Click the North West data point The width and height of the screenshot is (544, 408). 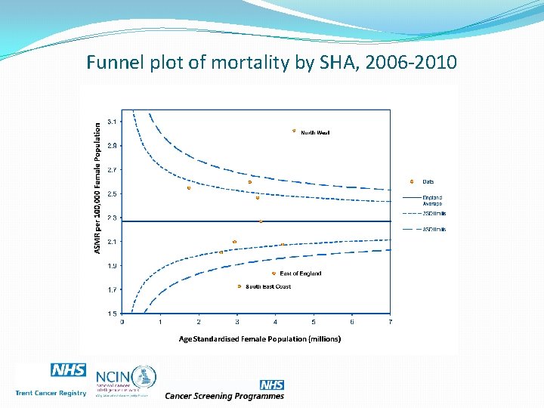tap(294, 131)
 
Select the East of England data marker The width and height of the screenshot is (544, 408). tap(274, 274)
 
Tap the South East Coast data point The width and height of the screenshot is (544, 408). tap(240, 286)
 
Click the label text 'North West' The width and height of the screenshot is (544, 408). tap(315, 133)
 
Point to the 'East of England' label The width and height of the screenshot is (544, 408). tap(301, 274)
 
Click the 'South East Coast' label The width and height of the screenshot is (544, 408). tap(268, 287)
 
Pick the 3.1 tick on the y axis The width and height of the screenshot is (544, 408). tap(112, 121)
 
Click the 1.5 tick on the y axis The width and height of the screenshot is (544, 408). tap(112, 313)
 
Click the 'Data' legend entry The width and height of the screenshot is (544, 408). tap(428, 181)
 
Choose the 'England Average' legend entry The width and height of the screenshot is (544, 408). tap(432, 200)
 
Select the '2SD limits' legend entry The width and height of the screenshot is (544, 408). tap(434, 213)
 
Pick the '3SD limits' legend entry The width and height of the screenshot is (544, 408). tap(434, 229)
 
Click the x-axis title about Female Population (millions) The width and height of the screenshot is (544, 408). tap(260, 338)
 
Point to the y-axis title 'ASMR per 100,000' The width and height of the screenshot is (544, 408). tap(97, 189)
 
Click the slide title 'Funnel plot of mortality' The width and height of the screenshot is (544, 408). tap(271, 62)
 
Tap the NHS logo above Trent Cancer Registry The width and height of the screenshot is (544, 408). tap(68, 370)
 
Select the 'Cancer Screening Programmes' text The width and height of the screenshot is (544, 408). tap(224, 396)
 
